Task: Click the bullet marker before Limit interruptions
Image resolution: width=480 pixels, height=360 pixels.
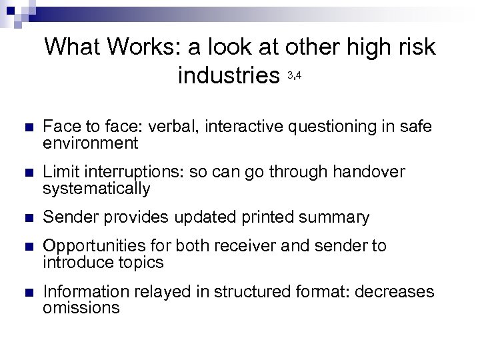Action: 27,173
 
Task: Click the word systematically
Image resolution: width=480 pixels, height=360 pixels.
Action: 96,189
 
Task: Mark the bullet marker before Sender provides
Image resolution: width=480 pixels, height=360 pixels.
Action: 27,218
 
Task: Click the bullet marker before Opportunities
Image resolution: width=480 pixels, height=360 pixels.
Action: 27,247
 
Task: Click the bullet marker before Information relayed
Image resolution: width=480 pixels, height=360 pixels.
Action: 27,292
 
